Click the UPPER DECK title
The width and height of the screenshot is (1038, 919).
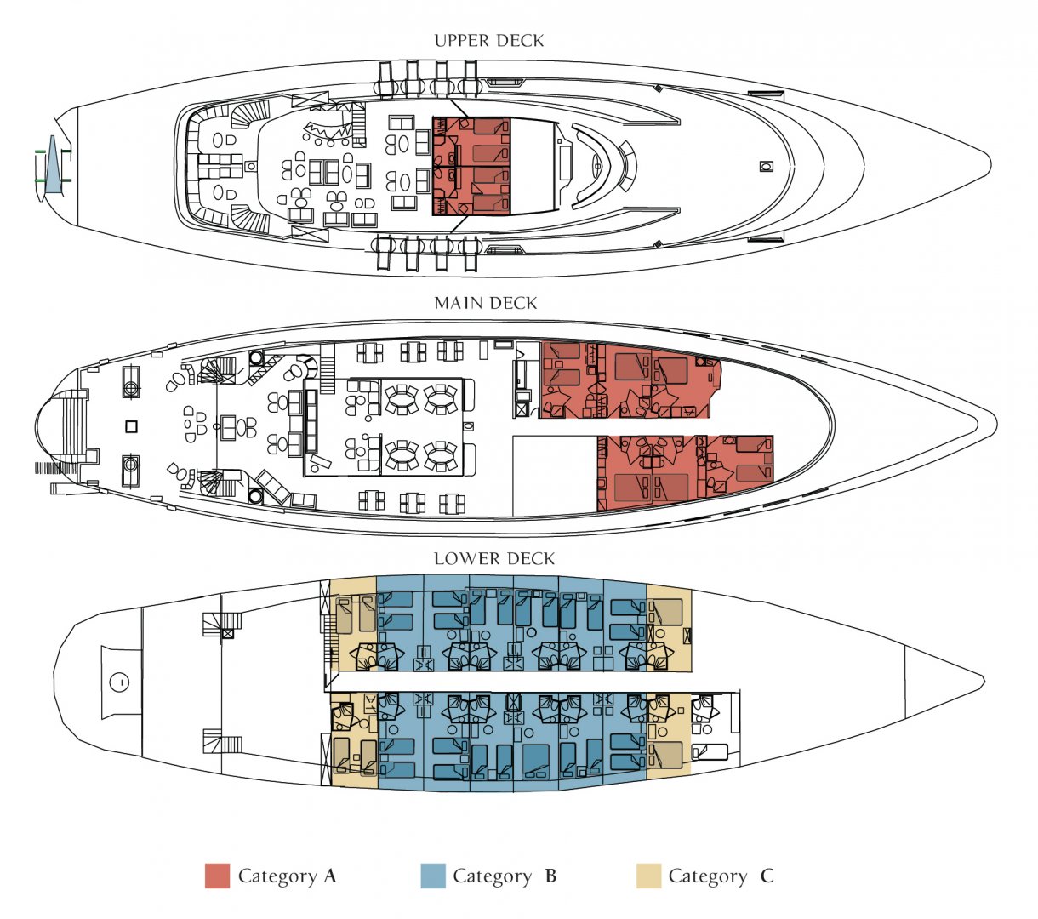(x=488, y=41)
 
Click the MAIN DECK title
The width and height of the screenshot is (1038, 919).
(x=486, y=304)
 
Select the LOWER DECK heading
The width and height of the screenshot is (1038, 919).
(x=494, y=559)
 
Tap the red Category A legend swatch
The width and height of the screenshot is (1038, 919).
(x=217, y=876)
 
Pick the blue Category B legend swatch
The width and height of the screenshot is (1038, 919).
(x=433, y=876)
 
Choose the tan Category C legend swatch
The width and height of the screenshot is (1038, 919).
(x=648, y=876)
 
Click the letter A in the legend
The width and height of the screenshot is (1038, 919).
(x=330, y=876)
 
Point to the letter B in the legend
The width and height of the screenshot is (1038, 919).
(x=550, y=876)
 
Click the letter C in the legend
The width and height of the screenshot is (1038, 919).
(x=767, y=876)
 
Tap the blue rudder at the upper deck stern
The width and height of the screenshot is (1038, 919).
(x=52, y=165)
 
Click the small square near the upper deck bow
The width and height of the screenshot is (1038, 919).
(x=766, y=166)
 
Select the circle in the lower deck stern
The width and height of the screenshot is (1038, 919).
(x=119, y=682)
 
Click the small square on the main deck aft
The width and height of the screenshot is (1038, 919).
(x=132, y=426)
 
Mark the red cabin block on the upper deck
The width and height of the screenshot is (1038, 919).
(x=471, y=166)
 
